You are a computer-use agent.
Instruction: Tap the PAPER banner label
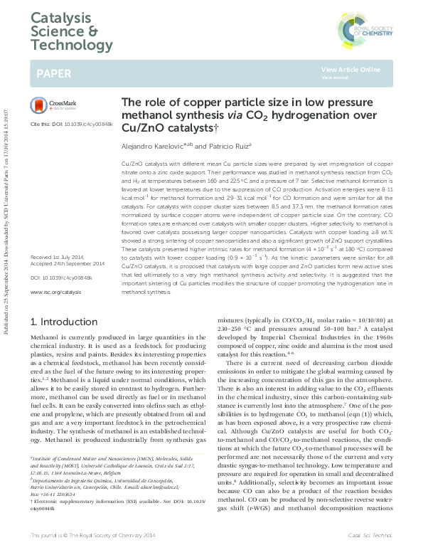pyautogui.click(x=54, y=73)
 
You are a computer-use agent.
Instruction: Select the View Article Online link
pyautogui.click(x=350, y=69)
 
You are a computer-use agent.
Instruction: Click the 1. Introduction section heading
pyautogui.click(x=66, y=322)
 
